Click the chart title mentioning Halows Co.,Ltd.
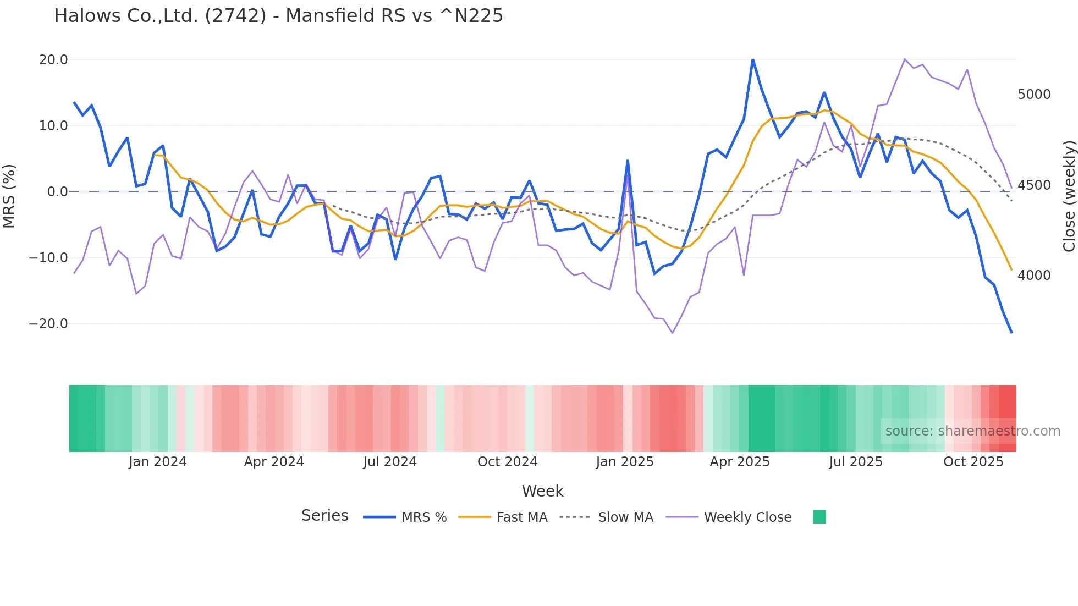[278, 15]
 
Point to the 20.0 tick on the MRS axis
[53, 59]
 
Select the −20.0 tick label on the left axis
[48, 323]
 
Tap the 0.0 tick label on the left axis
[58, 191]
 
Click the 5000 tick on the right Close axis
[1034, 95]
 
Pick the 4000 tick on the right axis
[1034, 275]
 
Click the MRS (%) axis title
[9, 196]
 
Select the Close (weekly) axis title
[1069, 196]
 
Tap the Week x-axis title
[542, 491]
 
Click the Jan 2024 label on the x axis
[158, 461]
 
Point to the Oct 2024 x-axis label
[507, 461]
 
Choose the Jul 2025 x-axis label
[856, 461]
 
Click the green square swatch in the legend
[820, 517]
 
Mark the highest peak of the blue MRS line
[753, 59]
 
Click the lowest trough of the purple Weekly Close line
[672, 333]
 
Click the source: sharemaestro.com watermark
[972, 431]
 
